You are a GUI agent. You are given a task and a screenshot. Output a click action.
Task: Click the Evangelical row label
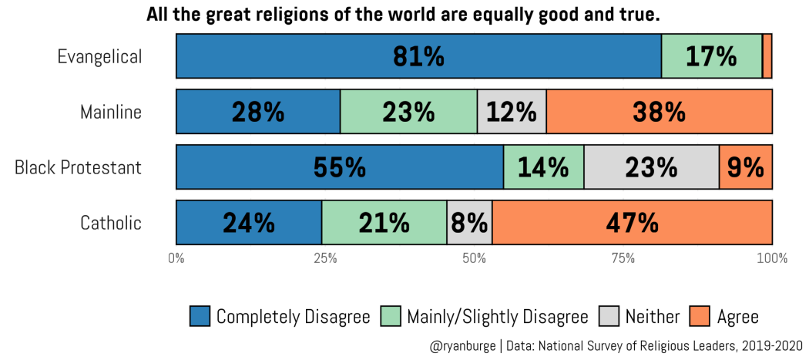(x=99, y=56)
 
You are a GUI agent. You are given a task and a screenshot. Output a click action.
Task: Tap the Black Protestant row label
(x=78, y=167)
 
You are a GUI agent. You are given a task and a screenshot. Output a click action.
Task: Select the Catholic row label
(x=111, y=223)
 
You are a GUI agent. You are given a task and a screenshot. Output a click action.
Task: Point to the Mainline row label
(x=111, y=112)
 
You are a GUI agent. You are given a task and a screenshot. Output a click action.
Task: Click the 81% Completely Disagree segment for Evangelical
(x=419, y=56)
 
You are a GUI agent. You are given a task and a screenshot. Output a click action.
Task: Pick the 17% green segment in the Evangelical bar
(x=712, y=56)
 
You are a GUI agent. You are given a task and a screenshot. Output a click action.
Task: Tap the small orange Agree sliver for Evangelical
(x=767, y=56)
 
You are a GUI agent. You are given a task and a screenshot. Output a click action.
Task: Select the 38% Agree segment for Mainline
(x=660, y=112)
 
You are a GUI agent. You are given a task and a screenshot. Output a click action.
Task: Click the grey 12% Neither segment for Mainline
(x=512, y=112)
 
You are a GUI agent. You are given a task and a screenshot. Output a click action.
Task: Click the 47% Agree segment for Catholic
(x=632, y=223)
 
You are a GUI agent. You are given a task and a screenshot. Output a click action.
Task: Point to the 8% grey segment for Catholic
(x=469, y=223)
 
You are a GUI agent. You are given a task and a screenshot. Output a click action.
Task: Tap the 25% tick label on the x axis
(x=325, y=257)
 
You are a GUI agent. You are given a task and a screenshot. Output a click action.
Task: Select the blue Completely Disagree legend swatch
(x=200, y=316)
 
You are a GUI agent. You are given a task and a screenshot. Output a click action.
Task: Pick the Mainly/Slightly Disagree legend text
(x=498, y=316)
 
